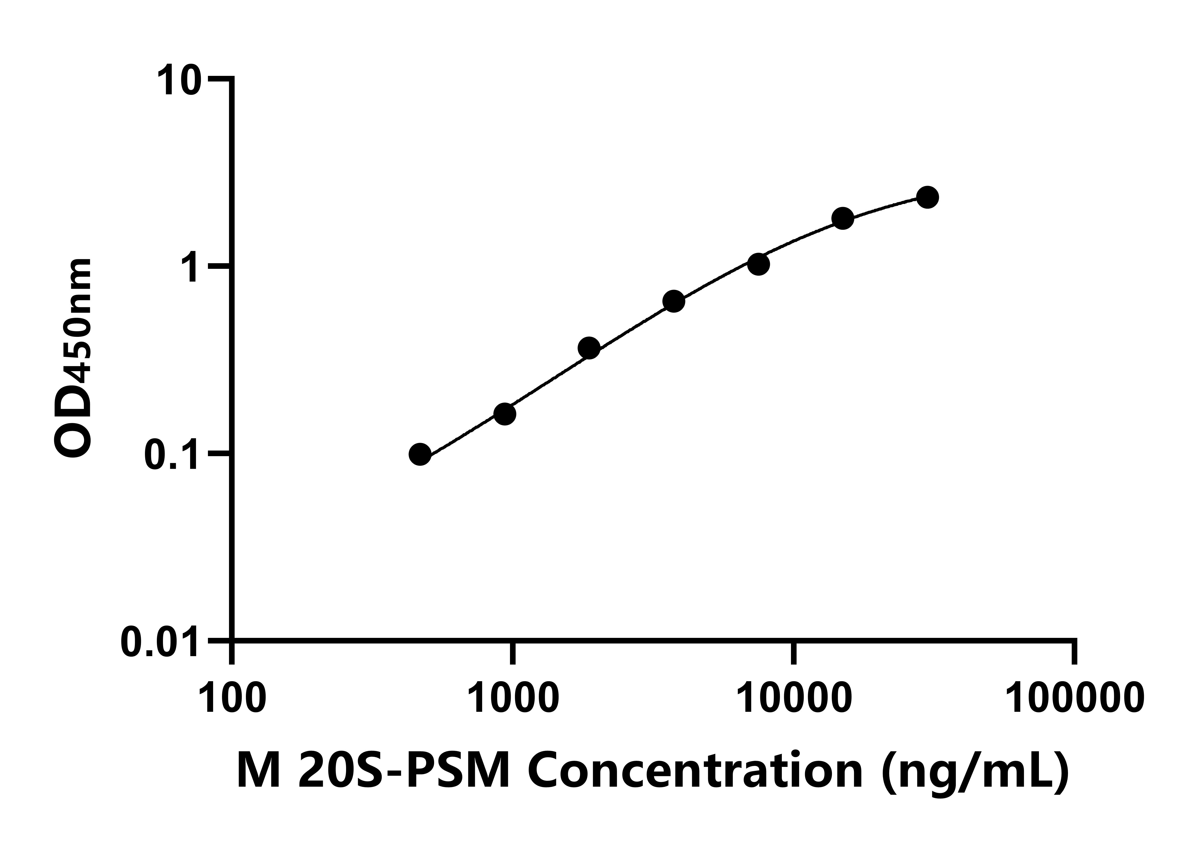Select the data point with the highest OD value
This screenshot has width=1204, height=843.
[x=928, y=197]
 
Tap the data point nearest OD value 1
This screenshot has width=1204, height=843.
[x=758, y=264]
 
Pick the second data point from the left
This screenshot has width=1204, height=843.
[x=504, y=414]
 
